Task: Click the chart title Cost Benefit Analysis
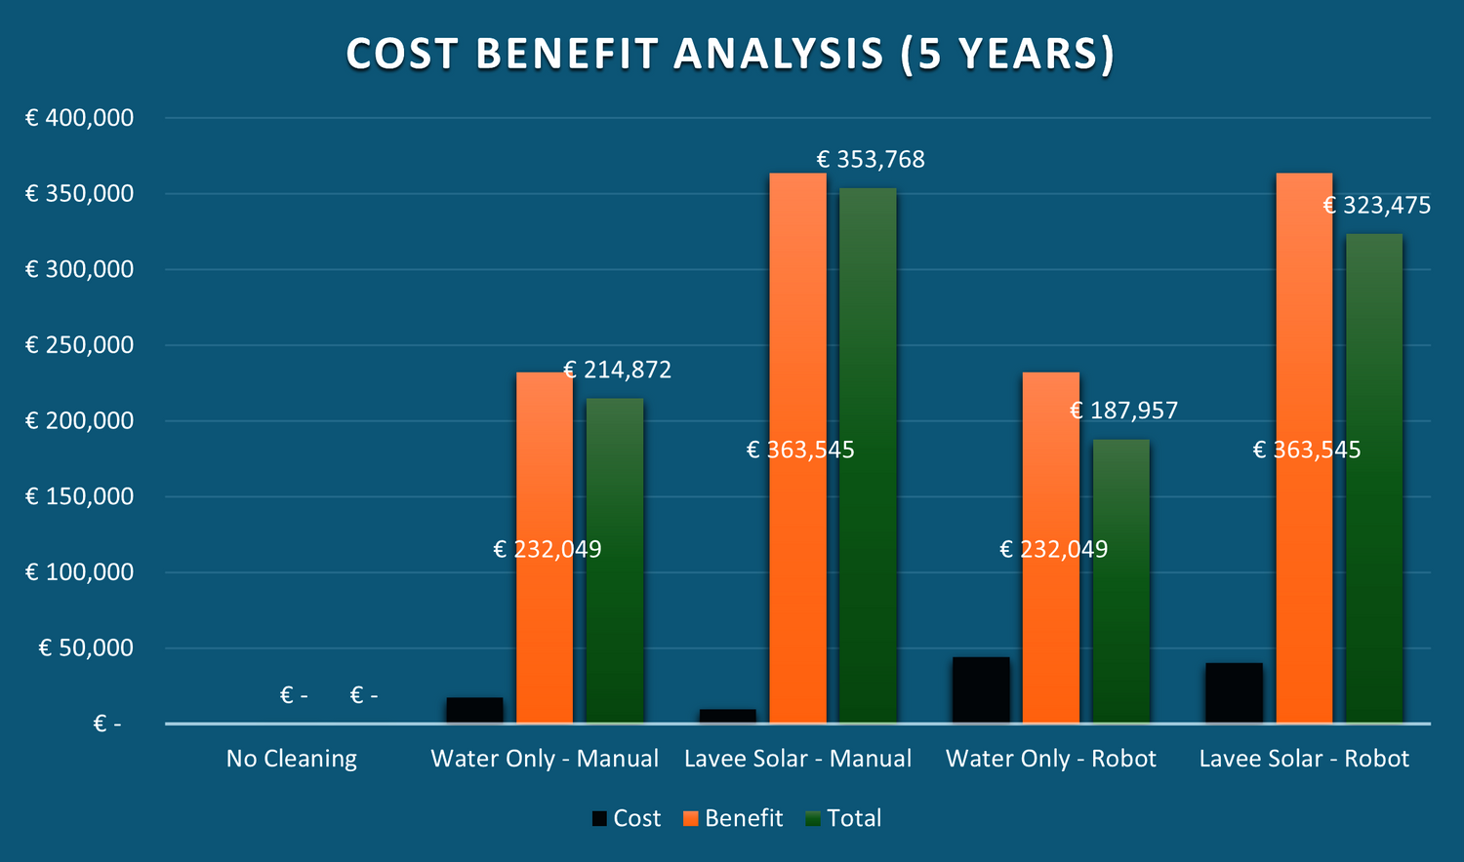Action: point(730,55)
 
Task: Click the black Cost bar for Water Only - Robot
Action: point(981,690)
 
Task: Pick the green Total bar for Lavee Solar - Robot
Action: point(1374,478)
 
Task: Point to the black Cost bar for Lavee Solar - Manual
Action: point(727,716)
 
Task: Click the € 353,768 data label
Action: point(871,160)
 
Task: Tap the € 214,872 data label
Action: point(618,371)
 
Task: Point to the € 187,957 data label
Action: point(1124,411)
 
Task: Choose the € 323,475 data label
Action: point(1377,206)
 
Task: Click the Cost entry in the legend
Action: point(627,818)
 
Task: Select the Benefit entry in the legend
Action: point(733,818)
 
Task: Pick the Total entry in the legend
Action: point(844,818)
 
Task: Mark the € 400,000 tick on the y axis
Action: point(79,118)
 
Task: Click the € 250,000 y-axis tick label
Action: point(79,345)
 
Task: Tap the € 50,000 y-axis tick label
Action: point(86,648)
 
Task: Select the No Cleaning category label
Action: point(292,759)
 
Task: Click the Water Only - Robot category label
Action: point(1051,759)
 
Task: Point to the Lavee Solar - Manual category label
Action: point(797,759)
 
